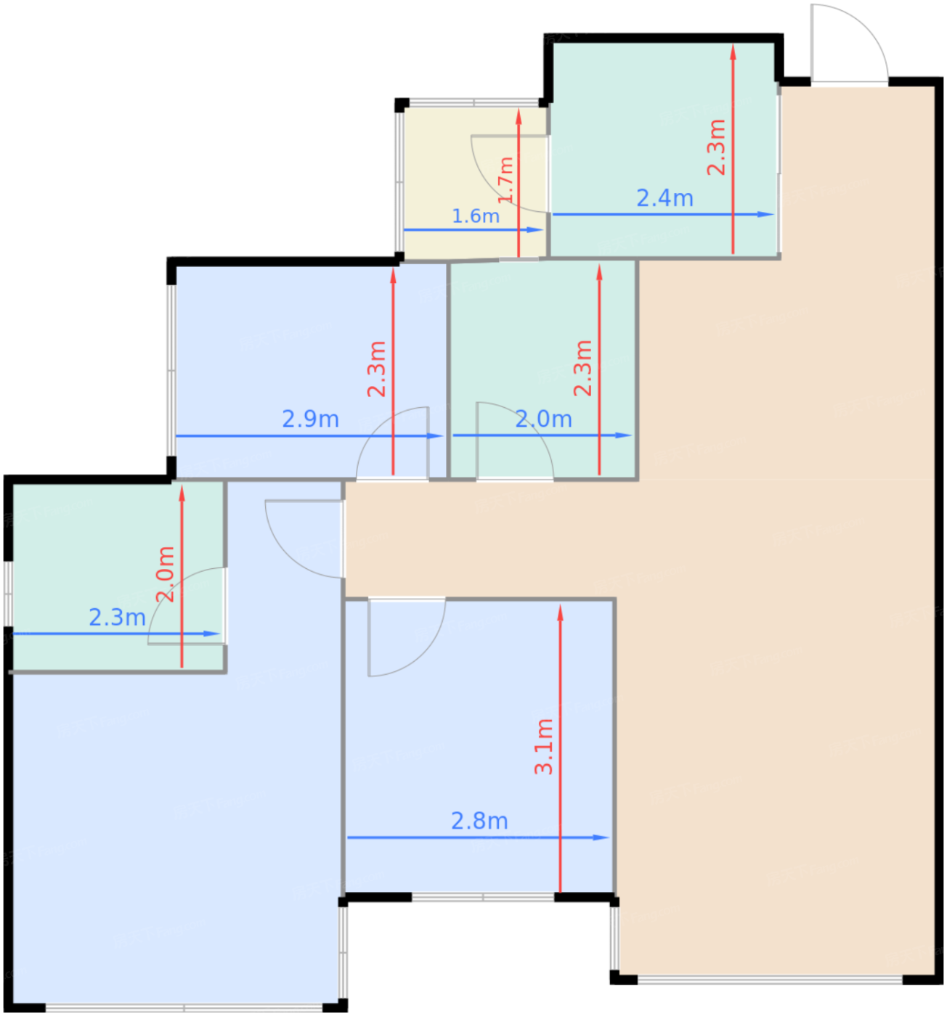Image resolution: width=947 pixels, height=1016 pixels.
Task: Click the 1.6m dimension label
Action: (x=475, y=216)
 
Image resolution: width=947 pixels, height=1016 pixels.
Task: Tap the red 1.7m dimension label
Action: (x=505, y=179)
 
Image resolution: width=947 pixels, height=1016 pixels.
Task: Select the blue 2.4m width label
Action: (x=664, y=198)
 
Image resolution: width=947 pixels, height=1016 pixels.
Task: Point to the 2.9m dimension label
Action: (x=310, y=419)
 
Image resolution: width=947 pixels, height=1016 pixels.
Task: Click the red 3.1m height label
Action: (x=544, y=746)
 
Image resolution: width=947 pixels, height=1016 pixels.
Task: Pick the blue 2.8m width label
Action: (x=479, y=821)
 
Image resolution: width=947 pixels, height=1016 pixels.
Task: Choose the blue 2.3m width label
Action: (x=118, y=617)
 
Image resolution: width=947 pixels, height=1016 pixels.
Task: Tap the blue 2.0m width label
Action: (x=543, y=419)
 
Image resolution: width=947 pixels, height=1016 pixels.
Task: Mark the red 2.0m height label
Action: (x=165, y=574)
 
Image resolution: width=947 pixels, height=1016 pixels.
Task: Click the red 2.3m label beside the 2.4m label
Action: (x=716, y=147)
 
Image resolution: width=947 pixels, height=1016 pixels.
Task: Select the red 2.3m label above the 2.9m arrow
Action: (x=376, y=369)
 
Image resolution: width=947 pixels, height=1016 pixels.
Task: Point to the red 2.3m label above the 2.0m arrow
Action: (x=583, y=368)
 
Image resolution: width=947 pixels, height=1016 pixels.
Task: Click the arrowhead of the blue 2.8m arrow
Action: (x=601, y=837)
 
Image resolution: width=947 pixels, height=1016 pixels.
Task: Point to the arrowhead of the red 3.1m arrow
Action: (x=560, y=613)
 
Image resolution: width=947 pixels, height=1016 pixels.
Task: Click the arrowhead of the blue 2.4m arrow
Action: (x=765, y=214)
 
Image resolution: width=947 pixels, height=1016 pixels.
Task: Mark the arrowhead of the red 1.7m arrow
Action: (x=519, y=116)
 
